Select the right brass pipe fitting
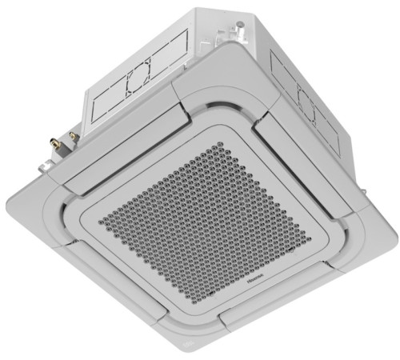(x=74, y=137)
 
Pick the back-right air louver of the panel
(x=320, y=172)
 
